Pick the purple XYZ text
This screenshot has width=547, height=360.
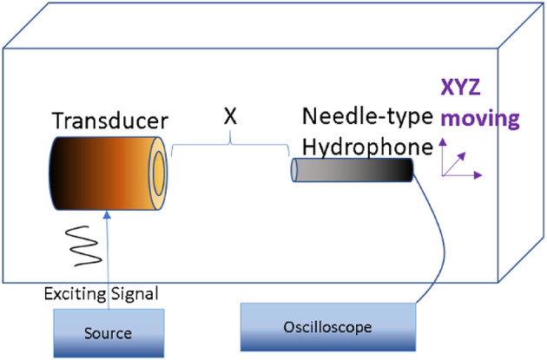pos(465,88)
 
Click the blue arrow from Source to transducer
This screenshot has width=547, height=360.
pos(111,260)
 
